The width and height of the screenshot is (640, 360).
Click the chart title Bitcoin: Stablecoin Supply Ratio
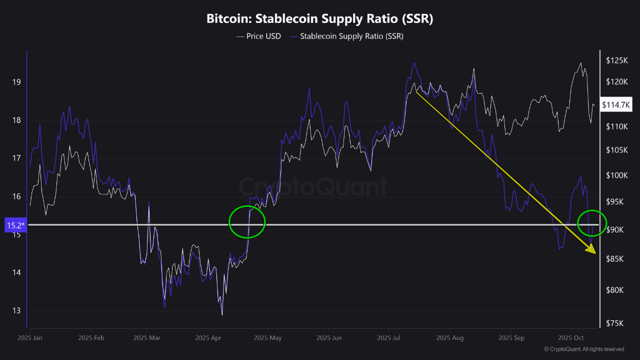pyautogui.click(x=320, y=19)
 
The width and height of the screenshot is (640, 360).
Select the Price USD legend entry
pyautogui.click(x=258, y=36)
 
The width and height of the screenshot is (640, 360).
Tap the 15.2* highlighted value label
pyautogui.click(x=15, y=225)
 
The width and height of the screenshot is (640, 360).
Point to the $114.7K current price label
pyautogui.click(x=616, y=105)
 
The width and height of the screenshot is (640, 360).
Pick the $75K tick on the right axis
pyautogui.click(x=615, y=323)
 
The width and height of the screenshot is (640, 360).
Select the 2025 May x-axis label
pyautogui.click(x=267, y=338)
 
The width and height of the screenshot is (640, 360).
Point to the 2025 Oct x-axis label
pyautogui.click(x=571, y=338)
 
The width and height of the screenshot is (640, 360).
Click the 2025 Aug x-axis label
pyautogui.click(x=450, y=338)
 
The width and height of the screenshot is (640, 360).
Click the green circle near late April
pyautogui.click(x=247, y=222)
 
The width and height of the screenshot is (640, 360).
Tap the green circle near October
pyautogui.click(x=591, y=223)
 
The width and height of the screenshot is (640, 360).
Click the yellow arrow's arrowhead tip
pyautogui.click(x=594, y=253)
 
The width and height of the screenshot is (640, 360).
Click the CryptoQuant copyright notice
pyautogui.click(x=583, y=349)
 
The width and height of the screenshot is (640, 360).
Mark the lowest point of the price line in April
pyautogui.click(x=222, y=314)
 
